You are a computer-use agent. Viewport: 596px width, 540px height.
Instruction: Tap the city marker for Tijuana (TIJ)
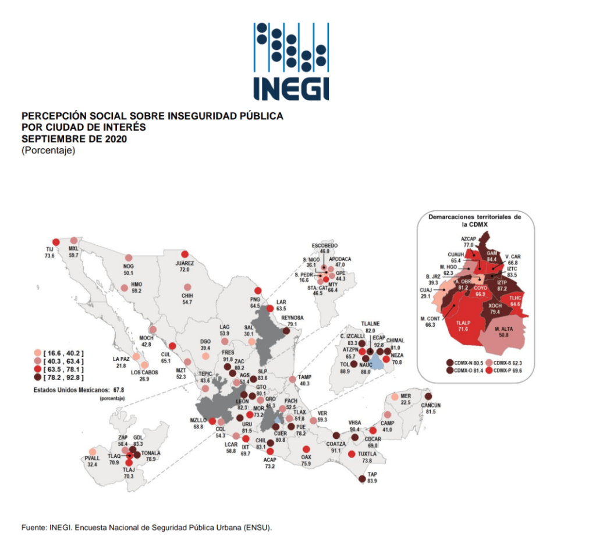coord(55,242)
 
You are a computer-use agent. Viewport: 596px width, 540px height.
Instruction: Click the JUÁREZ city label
coord(184,263)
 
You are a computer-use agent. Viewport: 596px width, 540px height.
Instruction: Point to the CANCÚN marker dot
coord(428,394)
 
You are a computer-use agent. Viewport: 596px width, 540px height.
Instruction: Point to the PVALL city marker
coord(92,452)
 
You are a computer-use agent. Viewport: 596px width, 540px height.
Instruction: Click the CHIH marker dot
coord(187,287)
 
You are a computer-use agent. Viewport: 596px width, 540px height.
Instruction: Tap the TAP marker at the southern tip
coord(362,479)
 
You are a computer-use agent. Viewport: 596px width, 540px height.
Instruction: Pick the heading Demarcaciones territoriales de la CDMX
coord(474,219)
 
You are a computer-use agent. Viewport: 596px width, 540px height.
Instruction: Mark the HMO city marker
coord(125,287)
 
